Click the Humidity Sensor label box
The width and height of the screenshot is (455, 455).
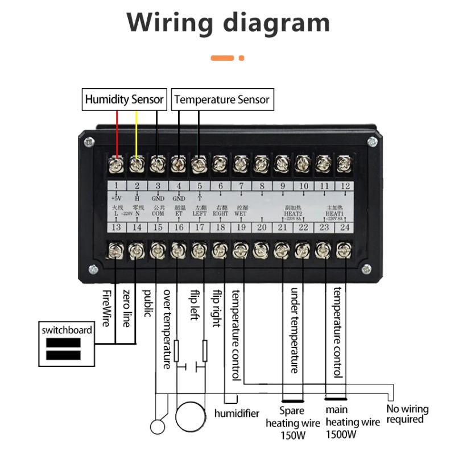(125, 100)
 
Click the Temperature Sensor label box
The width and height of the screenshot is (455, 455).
(222, 100)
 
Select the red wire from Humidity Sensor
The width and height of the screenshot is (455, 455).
(117, 134)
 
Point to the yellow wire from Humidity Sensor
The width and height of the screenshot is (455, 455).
(136, 134)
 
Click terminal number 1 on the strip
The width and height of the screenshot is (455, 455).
(116, 186)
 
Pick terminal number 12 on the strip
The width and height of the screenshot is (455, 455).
(343, 186)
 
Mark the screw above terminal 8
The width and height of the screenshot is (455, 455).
(261, 164)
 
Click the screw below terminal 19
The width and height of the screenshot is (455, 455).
(240, 250)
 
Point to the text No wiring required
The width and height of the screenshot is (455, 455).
(407, 414)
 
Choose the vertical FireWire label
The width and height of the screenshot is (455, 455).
(106, 307)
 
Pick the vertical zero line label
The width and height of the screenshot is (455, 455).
(126, 308)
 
